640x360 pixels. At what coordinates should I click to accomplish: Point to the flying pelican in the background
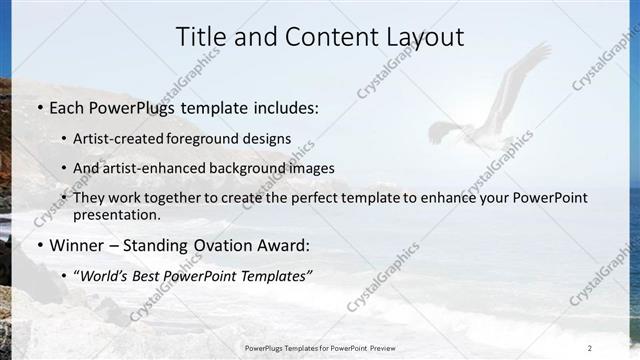pyautogui.click(x=490, y=110)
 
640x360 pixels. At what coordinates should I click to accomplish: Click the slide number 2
pyautogui.click(x=589, y=347)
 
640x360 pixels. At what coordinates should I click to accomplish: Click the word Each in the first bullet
pyautogui.click(x=68, y=107)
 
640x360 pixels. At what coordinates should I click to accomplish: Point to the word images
pyautogui.click(x=313, y=168)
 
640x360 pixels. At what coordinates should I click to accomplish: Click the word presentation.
pyautogui.click(x=116, y=214)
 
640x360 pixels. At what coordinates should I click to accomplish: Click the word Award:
pyautogui.click(x=284, y=245)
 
